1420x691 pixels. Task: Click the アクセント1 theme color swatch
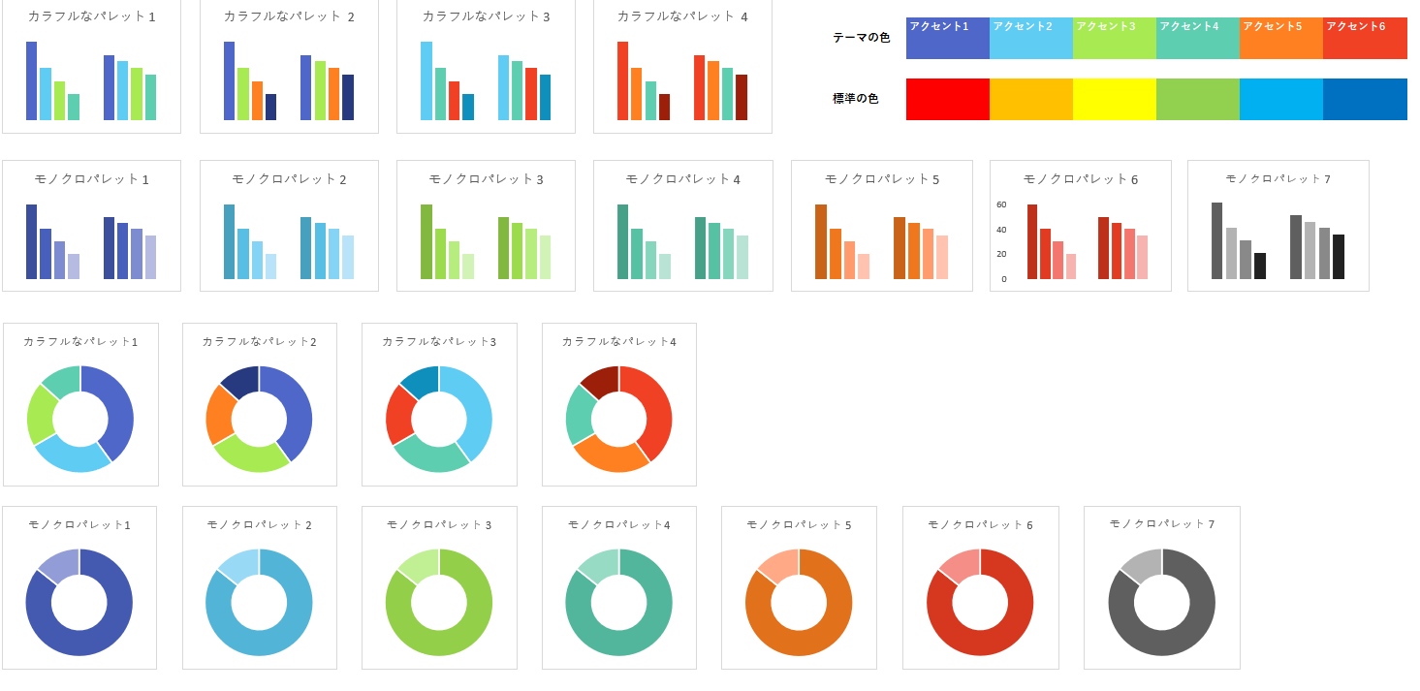click(x=947, y=39)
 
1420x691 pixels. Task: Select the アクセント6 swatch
click(x=1364, y=39)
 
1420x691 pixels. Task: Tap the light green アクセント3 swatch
click(x=1114, y=39)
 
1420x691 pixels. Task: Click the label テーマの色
click(x=861, y=38)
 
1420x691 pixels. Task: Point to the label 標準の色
click(x=855, y=99)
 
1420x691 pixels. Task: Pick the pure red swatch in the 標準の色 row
click(x=947, y=99)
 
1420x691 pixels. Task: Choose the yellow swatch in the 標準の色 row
click(x=1114, y=99)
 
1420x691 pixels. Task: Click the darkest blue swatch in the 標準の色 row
click(x=1364, y=99)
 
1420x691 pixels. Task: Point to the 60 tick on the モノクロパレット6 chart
click(x=1001, y=205)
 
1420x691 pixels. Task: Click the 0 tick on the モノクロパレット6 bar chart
click(x=1004, y=279)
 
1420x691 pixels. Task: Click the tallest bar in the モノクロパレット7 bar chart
click(x=1216, y=240)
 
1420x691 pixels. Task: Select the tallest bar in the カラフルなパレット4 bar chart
click(x=622, y=80)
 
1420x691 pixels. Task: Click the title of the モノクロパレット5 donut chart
click(x=799, y=524)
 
